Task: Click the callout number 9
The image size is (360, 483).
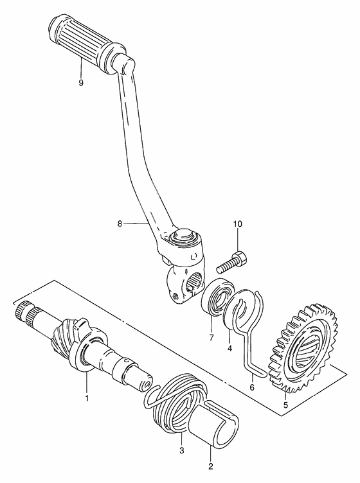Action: coord(81,83)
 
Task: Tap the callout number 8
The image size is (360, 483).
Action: coord(120,224)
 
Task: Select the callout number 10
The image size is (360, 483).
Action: coord(238,224)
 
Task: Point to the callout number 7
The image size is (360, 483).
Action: coord(211,338)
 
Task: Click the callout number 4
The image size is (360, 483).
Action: coord(230,348)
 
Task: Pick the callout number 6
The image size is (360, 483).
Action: coord(252,387)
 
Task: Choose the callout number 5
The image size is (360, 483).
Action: coord(285,405)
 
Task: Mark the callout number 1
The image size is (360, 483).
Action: coord(87,398)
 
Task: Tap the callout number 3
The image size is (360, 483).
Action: coord(181,451)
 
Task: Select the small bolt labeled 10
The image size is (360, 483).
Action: coord(232,262)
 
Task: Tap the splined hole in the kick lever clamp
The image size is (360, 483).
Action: coord(194,281)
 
